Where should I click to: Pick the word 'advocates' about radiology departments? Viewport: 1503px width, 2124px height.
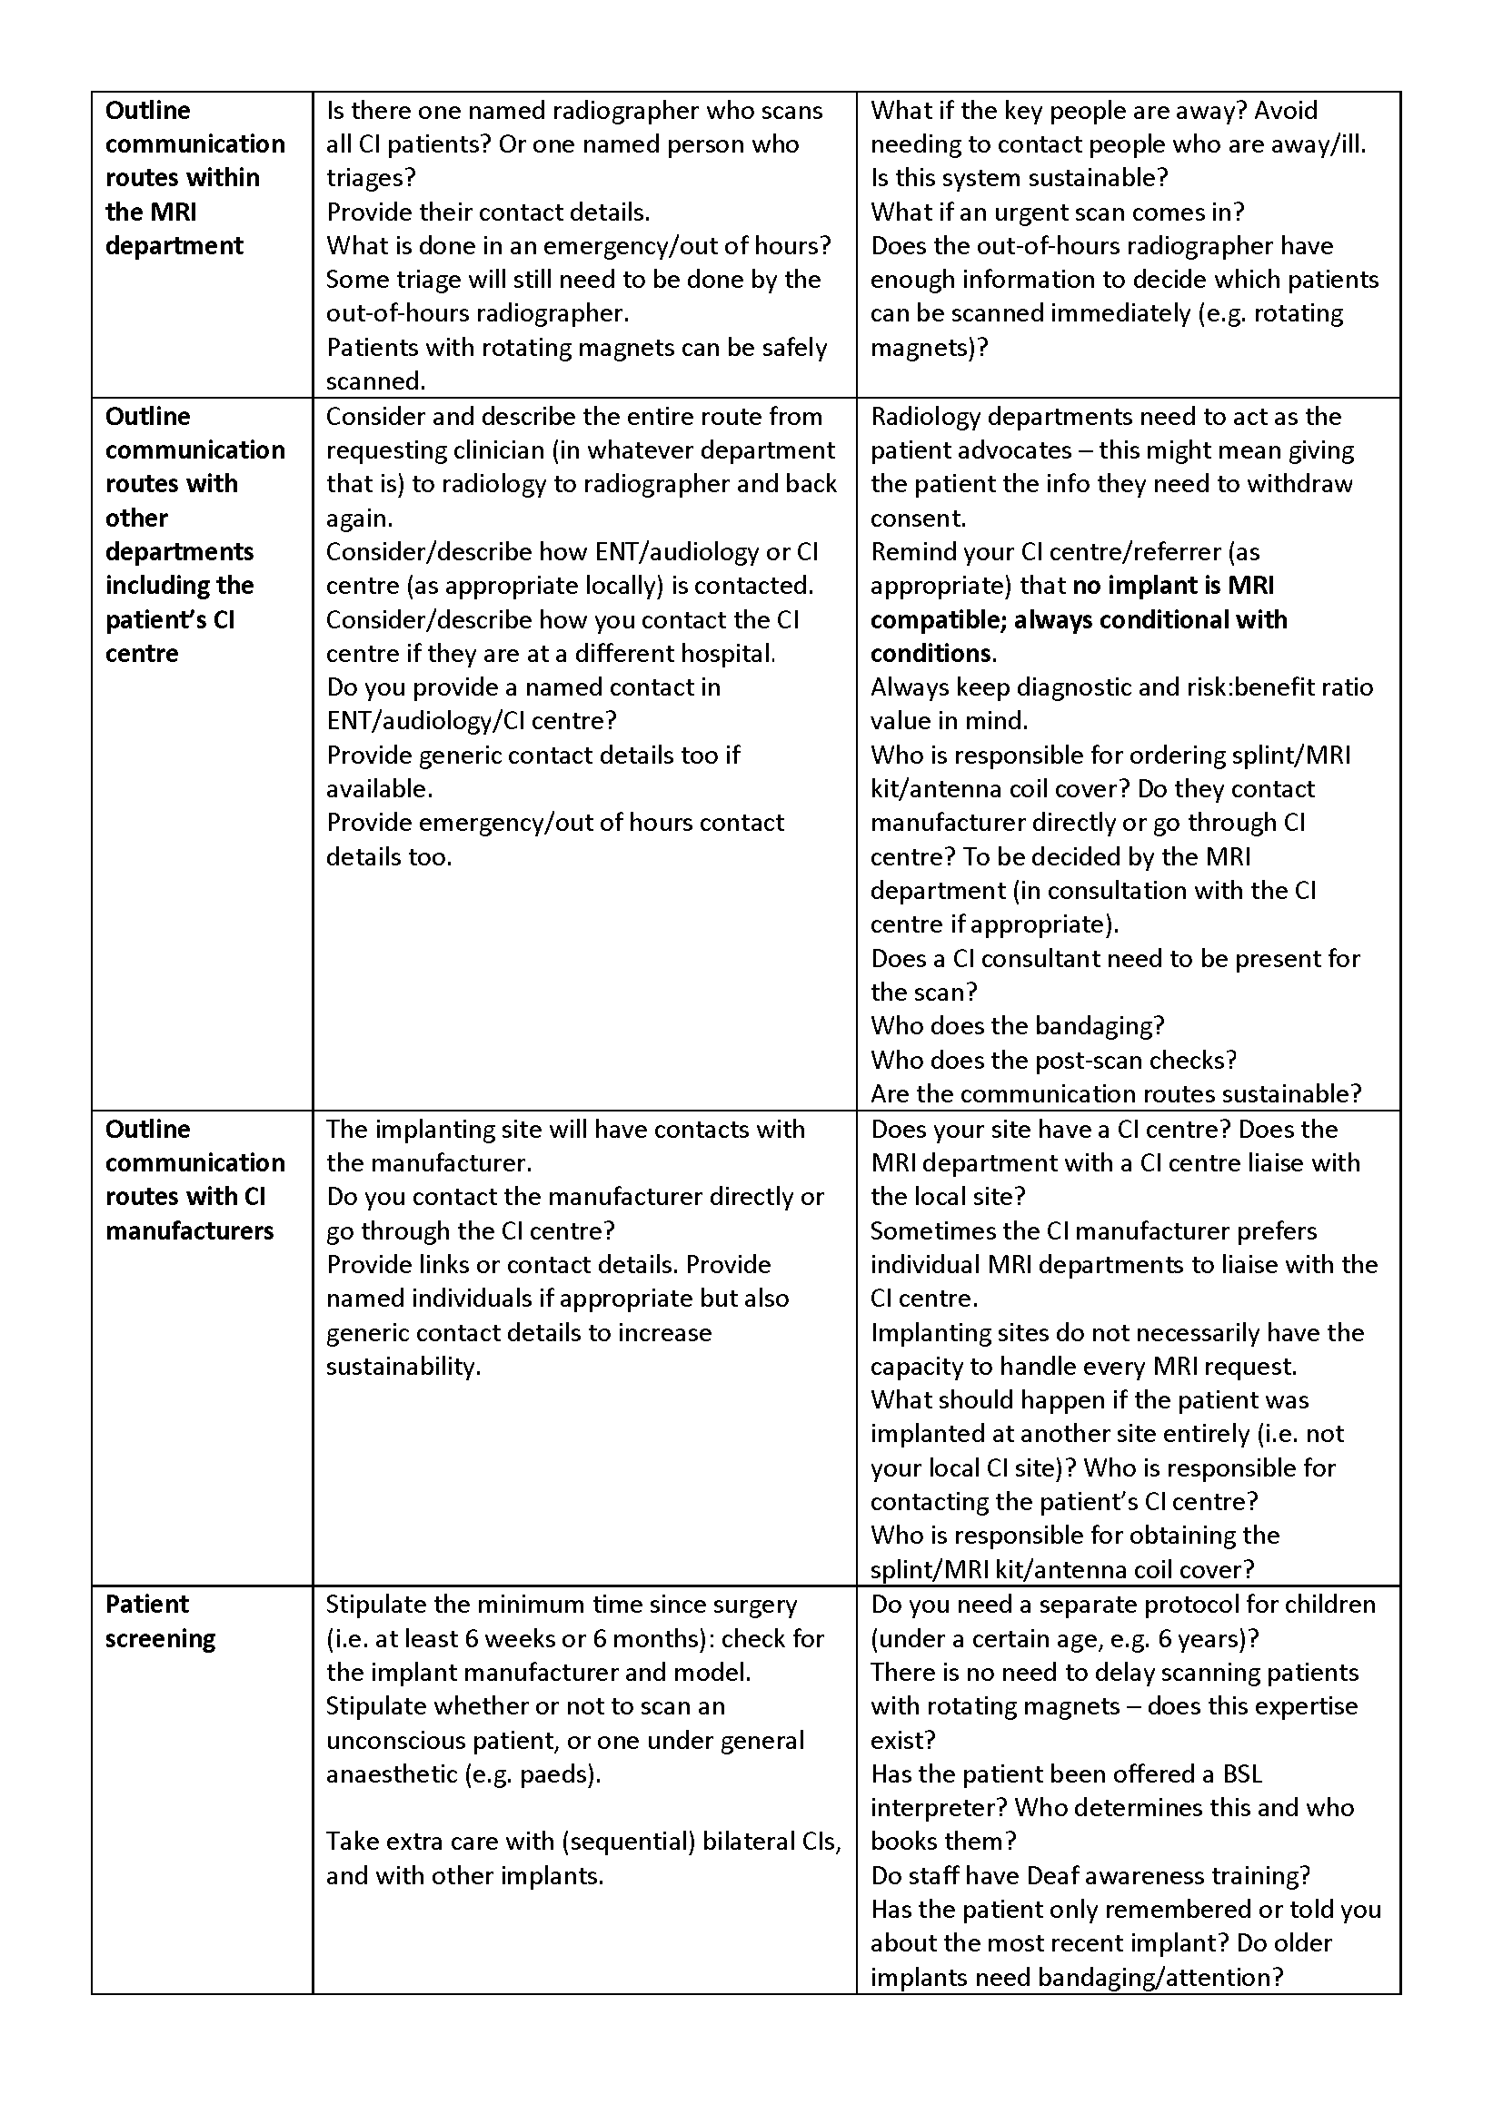tap(1016, 450)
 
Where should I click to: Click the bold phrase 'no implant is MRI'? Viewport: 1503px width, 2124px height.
tap(1172, 586)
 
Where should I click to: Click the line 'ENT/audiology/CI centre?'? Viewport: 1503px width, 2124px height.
tap(471, 721)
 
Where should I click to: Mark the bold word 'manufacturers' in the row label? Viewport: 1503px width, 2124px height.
tap(190, 1231)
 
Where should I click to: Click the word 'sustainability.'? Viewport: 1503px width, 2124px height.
tap(403, 1367)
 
